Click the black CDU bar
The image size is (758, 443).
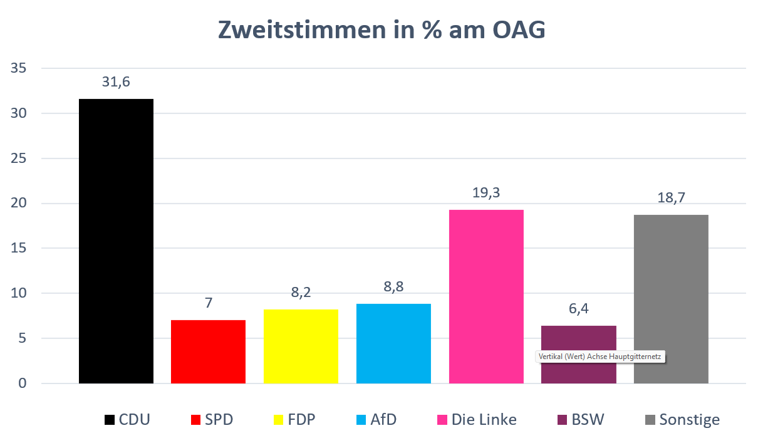coord(116,241)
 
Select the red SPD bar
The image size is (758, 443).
coord(208,352)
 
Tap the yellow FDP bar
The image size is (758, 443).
coord(301,346)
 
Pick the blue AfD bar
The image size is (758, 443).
coord(393,343)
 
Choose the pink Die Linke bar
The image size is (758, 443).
coord(486,296)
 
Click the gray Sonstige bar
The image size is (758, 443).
coord(671,299)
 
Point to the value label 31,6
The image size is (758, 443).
coord(116,82)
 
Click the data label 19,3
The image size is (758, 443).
coord(486,193)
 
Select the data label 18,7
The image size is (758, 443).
coord(671,198)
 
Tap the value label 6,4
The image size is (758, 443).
coord(578,308)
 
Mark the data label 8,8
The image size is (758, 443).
coord(393,287)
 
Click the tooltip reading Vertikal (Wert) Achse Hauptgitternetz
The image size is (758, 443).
coord(600,357)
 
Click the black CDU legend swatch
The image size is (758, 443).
coord(109,420)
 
